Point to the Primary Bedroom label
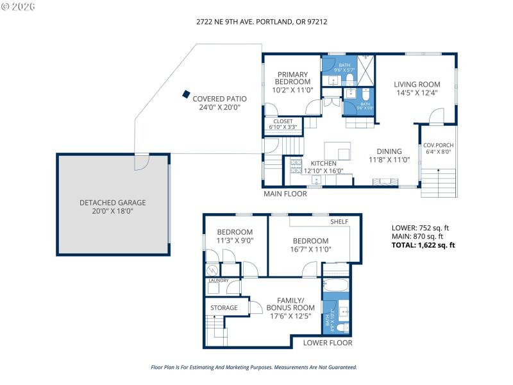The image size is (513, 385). pyautogui.click(x=292, y=78)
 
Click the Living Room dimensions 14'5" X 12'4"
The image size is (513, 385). pyautogui.click(x=417, y=93)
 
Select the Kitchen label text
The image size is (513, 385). pyautogui.click(x=323, y=164)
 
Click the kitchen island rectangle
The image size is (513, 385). pyautogui.click(x=338, y=151)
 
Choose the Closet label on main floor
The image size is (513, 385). pyautogui.click(x=283, y=121)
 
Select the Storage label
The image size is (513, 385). pyautogui.click(x=224, y=308)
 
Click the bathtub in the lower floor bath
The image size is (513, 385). pyautogui.click(x=335, y=287)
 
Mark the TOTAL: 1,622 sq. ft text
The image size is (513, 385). pyautogui.click(x=423, y=245)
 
